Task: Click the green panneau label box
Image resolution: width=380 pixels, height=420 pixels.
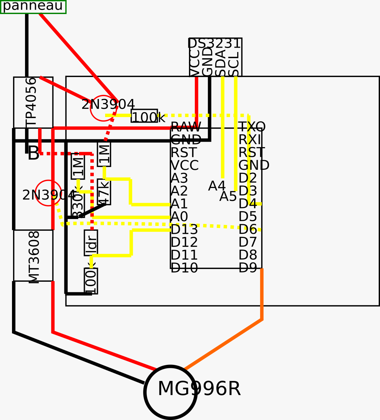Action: point(33,7)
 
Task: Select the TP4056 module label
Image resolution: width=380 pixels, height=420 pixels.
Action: point(31,102)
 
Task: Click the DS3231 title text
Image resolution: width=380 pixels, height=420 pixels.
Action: point(215,44)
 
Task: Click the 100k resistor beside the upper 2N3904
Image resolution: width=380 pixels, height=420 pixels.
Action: point(144,116)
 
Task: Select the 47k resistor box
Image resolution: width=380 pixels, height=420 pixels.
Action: point(104,192)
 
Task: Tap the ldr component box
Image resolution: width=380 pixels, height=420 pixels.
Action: point(91,243)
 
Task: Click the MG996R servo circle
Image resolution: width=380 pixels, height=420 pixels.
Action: point(170,392)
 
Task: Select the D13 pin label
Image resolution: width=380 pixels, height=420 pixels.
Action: point(184,230)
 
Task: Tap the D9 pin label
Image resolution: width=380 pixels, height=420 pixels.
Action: point(248,268)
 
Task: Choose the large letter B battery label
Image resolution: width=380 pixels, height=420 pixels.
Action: point(34,153)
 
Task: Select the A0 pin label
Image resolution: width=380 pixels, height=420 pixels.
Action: point(179,217)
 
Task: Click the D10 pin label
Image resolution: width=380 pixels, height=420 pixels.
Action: point(184,268)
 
